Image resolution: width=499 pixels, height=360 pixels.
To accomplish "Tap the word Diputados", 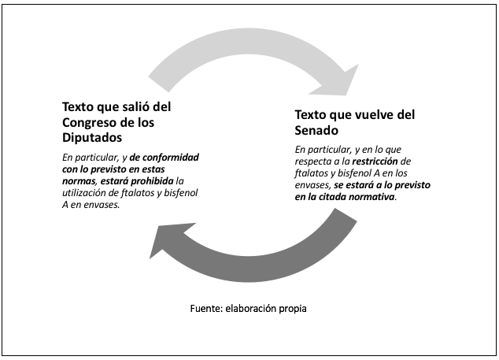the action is [92, 138].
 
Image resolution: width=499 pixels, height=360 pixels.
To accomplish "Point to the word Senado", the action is [316, 130].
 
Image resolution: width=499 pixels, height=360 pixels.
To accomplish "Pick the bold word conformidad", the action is [171, 158].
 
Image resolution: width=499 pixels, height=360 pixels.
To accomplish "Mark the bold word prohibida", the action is [152, 181].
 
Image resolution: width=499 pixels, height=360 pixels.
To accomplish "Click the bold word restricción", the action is [375, 161].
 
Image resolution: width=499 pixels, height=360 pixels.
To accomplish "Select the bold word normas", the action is [79, 181].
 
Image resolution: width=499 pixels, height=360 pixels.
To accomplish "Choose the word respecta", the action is [313, 161].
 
